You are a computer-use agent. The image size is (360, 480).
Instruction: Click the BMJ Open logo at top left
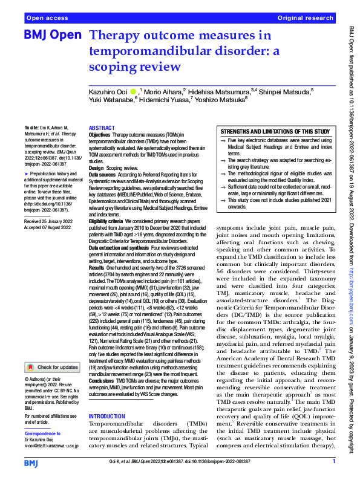[x=52, y=35]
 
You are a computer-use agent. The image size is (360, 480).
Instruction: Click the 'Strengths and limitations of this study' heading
[x=275, y=131]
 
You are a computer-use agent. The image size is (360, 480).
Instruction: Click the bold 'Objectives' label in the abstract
[x=100, y=135]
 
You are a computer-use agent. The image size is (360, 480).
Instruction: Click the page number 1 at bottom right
[x=333, y=461]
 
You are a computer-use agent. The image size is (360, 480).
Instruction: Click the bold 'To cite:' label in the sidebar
[x=31, y=129]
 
